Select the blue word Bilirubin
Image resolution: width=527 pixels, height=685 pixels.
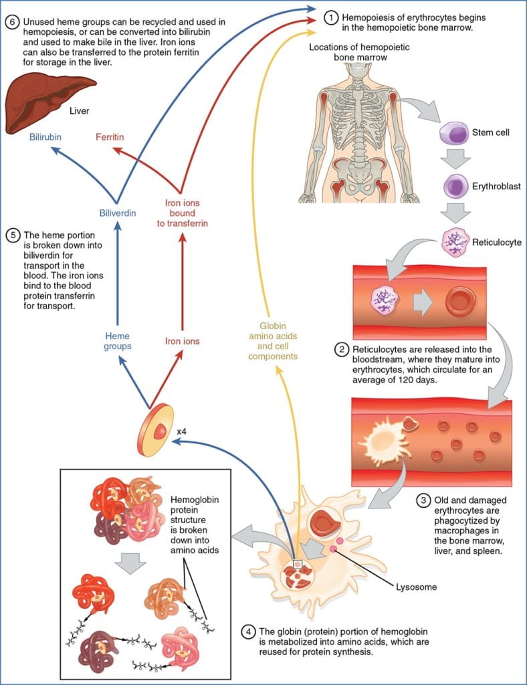[47, 137]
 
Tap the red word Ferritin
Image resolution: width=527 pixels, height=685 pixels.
[110, 137]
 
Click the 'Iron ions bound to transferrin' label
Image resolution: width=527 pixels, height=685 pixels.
[182, 213]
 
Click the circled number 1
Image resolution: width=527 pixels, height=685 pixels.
[330, 18]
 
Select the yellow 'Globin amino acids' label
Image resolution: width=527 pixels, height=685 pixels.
[273, 341]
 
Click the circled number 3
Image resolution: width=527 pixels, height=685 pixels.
[423, 499]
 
